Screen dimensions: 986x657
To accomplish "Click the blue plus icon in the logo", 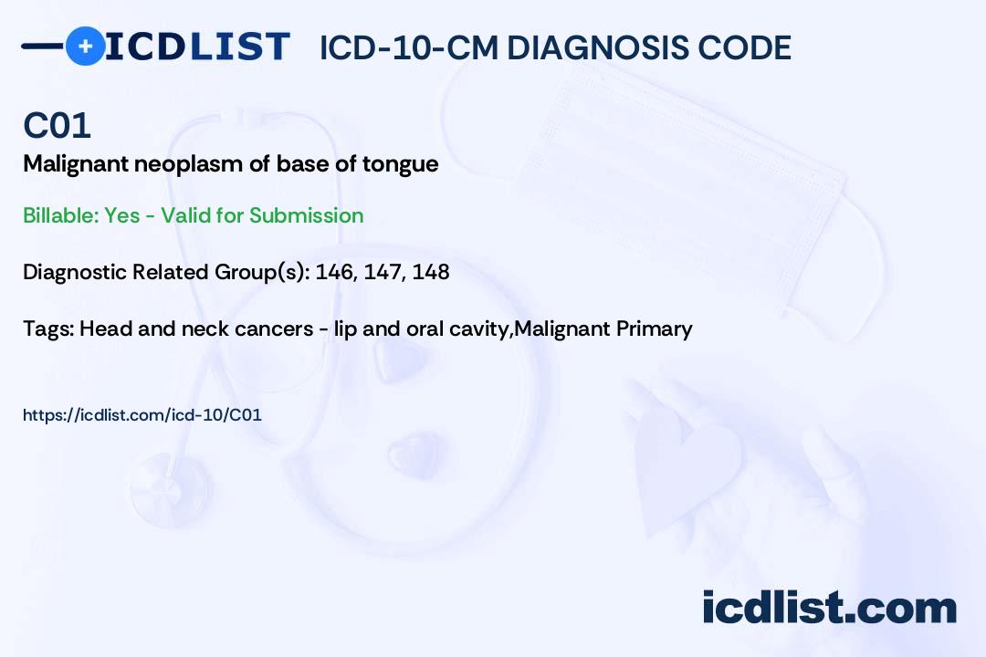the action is click(x=85, y=47).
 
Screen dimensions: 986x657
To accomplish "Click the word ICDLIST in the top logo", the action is click(x=197, y=47).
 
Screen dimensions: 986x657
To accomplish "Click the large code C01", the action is click(x=58, y=126).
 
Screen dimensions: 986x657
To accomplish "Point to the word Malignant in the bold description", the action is click(x=76, y=165).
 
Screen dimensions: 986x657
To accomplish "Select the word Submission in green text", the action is click(x=306, y=215).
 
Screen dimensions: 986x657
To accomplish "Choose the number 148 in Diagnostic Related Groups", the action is click(x=431, y=272).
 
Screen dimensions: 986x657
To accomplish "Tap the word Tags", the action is click(x=48, y=328).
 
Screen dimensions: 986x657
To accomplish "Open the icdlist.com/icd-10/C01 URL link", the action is click(x=142, y=415).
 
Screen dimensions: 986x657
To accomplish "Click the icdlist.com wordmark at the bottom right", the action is click(x=829, y=607).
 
